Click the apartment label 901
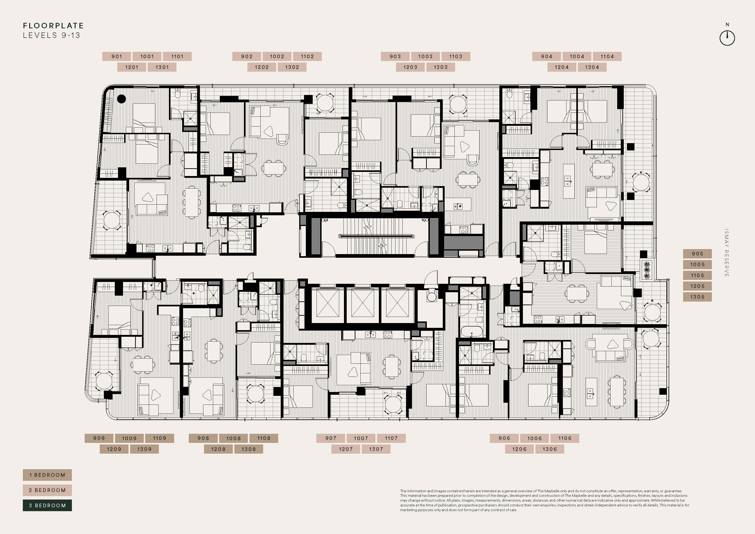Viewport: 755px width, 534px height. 117,56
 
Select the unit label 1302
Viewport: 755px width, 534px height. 292,67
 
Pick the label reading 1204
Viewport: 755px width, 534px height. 562,67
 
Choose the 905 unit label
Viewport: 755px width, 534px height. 697,254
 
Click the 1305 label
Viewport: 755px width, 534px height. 697,297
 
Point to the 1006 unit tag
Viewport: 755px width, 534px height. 534,438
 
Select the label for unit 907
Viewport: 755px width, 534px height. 331,438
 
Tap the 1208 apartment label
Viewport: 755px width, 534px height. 218,449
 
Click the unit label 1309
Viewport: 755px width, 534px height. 144,449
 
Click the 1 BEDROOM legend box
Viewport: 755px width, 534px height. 47,475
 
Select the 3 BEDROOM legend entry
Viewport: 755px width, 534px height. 47,505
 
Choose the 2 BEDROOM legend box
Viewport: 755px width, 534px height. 47,490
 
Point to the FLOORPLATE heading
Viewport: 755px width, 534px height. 53,26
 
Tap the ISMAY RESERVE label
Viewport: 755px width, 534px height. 726,253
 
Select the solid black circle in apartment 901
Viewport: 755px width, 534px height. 122,99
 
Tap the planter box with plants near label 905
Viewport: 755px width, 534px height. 647,270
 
